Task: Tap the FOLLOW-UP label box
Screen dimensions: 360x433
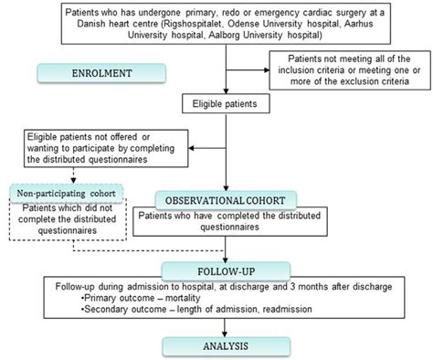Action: click(216, 271)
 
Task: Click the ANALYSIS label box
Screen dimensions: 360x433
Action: click(216, 344)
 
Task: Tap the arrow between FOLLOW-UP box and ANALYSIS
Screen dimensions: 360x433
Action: click(216, 326)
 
